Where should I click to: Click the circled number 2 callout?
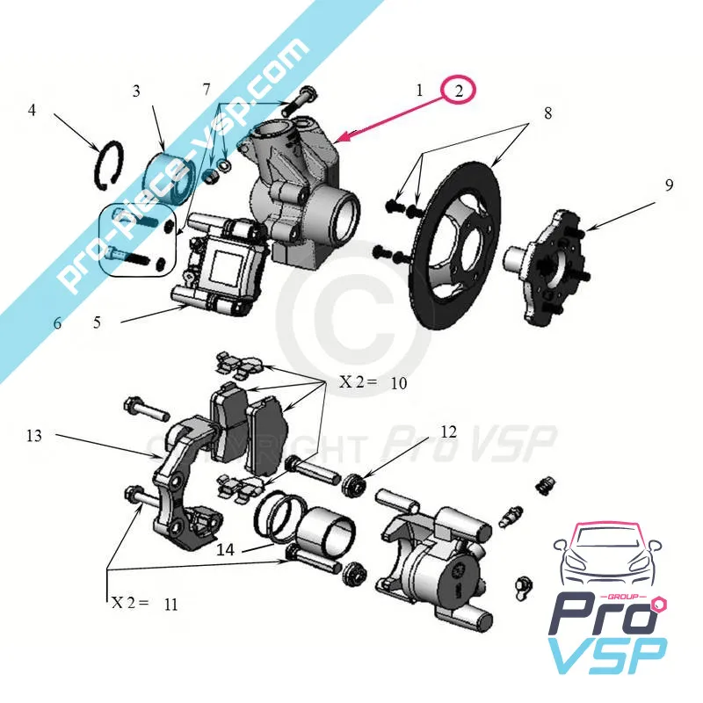click(x=458, y=90)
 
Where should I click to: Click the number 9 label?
click(x=669, y=185)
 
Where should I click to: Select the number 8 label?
click(x=547, y=112)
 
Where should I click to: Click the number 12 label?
click(x=449, y=431)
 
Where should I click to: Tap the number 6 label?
click(x=58, y=323)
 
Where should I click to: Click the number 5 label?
click(x=98, y=323)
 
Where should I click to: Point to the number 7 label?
click(x=207, y=90)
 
